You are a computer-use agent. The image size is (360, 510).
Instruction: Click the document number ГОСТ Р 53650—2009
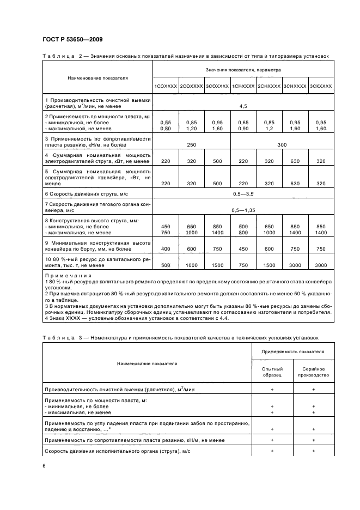(x=72, y=39)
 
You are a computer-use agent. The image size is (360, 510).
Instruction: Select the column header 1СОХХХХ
(x=165, y=86)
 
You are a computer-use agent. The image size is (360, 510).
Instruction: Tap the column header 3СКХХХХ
(x=320, y=86)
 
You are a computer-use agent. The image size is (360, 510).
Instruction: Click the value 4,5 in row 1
(x=243, y=106)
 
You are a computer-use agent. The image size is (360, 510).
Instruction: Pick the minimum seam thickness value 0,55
(x=165, y=123)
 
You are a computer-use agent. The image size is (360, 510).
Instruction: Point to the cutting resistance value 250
(x=191, y=145)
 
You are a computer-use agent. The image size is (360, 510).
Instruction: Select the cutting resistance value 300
(x=282, y=145)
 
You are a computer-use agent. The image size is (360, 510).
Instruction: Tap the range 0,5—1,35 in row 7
(x=243, y=210)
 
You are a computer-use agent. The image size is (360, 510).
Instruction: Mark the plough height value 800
(x=243, y=232)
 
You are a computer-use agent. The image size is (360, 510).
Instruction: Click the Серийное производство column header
(x=314, y=372)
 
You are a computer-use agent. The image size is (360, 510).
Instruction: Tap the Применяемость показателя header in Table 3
(x=293, y=352)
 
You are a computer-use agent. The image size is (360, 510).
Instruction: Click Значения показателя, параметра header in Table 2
(x=243, y=71)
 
